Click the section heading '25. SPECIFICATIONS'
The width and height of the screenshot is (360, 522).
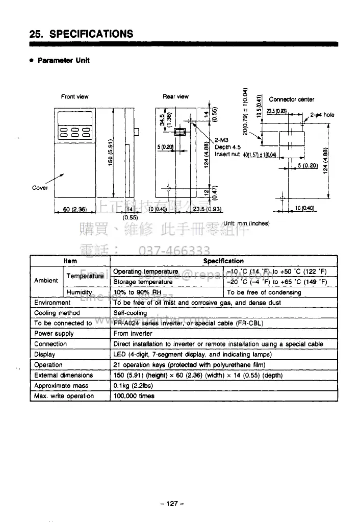(82, 34)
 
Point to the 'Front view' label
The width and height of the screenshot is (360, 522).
(74, 96)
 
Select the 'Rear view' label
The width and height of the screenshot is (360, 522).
(175, 96)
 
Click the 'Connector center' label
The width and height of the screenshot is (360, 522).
(291, 100)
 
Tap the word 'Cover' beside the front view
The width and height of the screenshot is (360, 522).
(40, 187)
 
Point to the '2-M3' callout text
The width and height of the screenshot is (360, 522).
(221, 140)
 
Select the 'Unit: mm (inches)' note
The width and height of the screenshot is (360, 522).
(246, 223)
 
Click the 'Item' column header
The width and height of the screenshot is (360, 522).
(70, 261)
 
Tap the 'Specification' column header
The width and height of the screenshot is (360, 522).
(223, 261)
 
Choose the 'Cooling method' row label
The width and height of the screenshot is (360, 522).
(57, 313)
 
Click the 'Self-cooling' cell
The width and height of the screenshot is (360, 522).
(130, 313)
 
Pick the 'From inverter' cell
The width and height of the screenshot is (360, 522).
(132, 334)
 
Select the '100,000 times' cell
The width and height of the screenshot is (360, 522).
(134, 396)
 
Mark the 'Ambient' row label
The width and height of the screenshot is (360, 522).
(46, 281)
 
